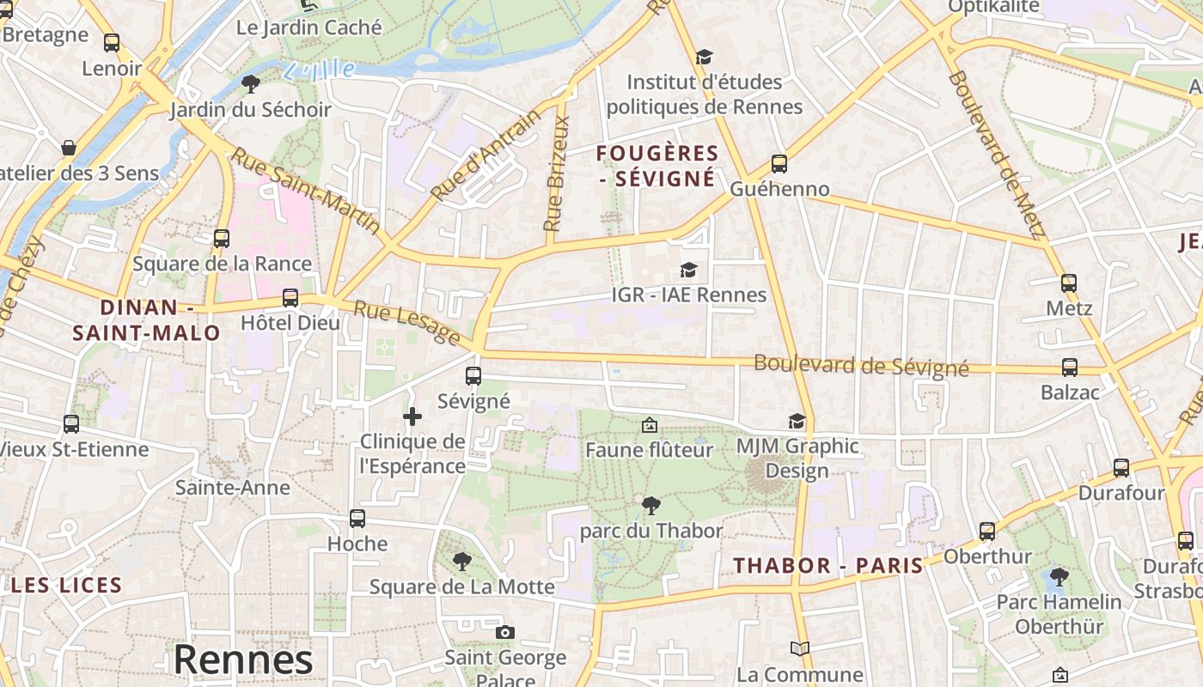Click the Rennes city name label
coord(243,660)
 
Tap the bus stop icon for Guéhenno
coord(779,163)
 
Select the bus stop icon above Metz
coord(1069,283)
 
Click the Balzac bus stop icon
coord(1070,368)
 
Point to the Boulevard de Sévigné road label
coord(861,365)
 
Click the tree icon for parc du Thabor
coord(651,506)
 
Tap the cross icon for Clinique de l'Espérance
coord(412,416)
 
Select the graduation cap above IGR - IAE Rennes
coord(688,271)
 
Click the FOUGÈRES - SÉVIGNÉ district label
coord(657,166)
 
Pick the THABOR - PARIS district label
coord(828,565)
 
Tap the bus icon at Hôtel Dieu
coord(290,298)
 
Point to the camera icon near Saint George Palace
coord(505,633)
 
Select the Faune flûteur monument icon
coord(650,425)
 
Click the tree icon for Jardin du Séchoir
coord(250,83)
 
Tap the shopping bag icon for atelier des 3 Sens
coord(69,148)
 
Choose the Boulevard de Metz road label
coord(996,155)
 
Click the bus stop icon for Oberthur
coord(987,532)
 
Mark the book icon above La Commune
coord(800,648)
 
